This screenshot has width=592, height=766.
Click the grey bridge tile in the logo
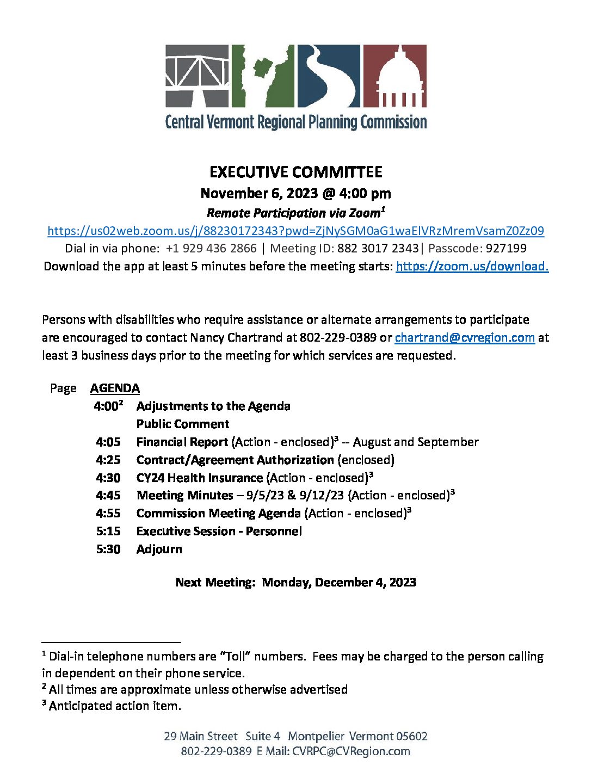[x=197, y=76]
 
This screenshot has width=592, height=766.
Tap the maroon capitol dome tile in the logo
[x=394, y=76]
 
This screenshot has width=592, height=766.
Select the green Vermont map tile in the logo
[x=263, y=76]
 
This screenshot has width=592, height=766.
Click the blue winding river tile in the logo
[x=329, y=76]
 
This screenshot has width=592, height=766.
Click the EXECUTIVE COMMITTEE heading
[x=296, y=172]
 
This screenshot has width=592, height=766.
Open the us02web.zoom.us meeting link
[x=295, y=231]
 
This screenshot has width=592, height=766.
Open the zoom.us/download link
[x=472, y=266]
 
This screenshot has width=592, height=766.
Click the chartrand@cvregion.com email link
[x=465, y=337]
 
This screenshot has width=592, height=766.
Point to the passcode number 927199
[x=506, y=249]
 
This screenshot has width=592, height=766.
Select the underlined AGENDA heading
[x=115, y=388]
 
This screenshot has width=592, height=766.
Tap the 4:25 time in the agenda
[x=108, y=460]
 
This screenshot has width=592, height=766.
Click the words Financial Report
[x=182, y=442]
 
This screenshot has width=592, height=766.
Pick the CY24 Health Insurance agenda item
[x=200, y=478]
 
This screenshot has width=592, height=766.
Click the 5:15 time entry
[x=108, y=532]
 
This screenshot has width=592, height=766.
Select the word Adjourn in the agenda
[x=159, y=549]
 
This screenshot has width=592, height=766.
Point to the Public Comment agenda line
[x=183, y=424]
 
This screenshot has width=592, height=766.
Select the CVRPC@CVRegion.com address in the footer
[x=351, y=752]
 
